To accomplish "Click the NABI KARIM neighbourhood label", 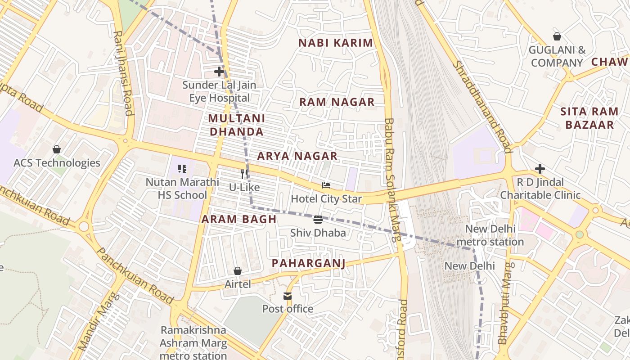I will [336, 43].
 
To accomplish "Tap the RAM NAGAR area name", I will [337, 102].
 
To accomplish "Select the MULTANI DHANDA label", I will [237, 125].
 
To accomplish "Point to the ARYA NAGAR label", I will [297, 156].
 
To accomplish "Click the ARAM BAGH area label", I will [238, 219].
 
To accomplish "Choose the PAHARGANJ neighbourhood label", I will [309, 263].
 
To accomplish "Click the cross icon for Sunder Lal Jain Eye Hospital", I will [219, 72].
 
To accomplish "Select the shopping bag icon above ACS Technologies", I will [57, 149].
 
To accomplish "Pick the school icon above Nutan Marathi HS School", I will [182, 169].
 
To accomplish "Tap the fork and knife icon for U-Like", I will [244, 174].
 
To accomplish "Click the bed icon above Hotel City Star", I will [326, 185].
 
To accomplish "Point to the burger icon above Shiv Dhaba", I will [318, 220].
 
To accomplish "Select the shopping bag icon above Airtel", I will [238, 271].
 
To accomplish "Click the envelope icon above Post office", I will [288, 296].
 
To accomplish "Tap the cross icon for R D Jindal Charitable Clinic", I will [540, 169].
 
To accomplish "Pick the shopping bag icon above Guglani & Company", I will [557, 36].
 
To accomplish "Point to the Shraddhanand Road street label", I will [482, 106].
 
